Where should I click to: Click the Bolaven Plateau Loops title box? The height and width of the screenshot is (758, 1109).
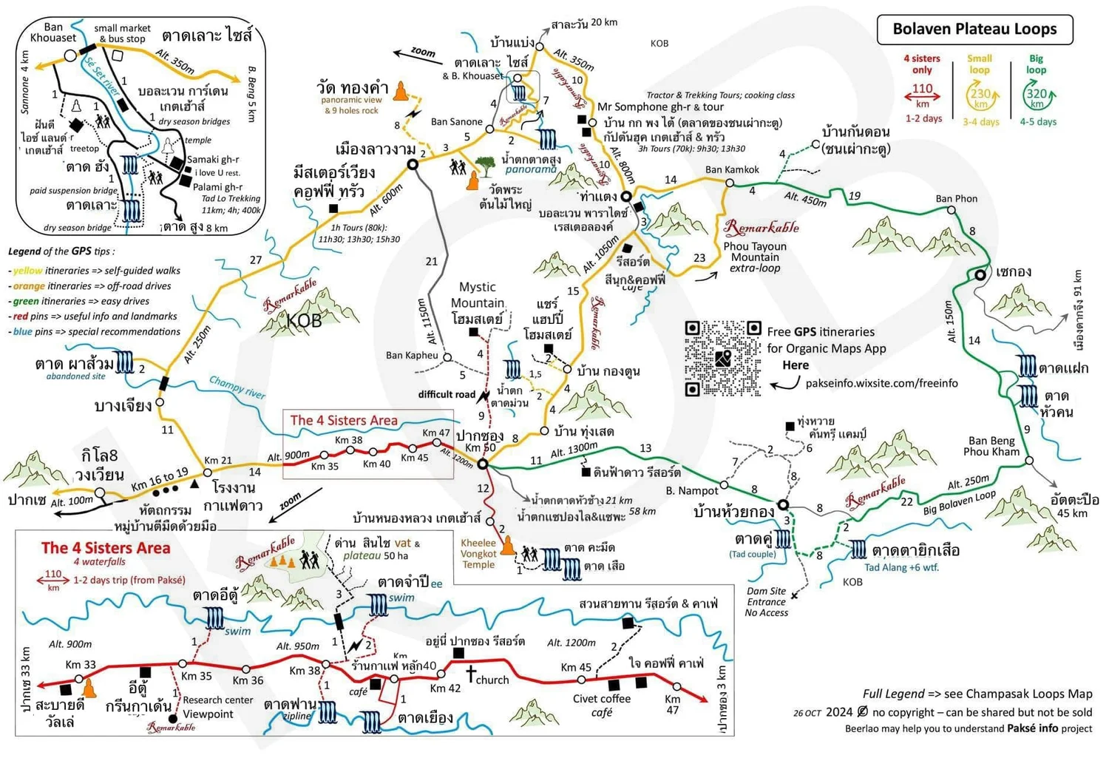click(x=974, y=30)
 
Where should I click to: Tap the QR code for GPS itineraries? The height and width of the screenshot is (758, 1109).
click(x=722, y=359)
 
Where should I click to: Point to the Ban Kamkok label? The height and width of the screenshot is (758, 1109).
click(x=732, y=169)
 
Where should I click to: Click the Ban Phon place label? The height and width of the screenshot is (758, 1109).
click(x=956, y=198)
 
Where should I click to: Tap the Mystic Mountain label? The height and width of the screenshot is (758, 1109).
click(x=477, y=294)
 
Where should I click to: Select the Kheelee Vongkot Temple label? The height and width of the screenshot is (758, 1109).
click(x=478, y=553)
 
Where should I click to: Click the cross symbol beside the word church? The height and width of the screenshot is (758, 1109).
click(x=470, y=674)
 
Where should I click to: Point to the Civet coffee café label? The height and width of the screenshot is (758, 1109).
click(x=602, y=705)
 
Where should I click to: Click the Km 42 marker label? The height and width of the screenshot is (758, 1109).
click(x=445, y=688)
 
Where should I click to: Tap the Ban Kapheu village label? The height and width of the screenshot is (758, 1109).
click(x=412, y=355)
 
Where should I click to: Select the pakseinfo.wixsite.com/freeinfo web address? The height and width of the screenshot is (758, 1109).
click(x=881, y=383)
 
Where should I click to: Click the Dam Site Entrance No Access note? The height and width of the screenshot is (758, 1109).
click(x=766, y=601)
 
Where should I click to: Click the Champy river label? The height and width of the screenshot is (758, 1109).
click(x=237, y=387)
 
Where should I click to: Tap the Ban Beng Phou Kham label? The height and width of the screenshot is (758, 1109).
click(x=991, y=446)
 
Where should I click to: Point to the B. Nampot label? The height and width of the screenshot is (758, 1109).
click(x=691, y=490)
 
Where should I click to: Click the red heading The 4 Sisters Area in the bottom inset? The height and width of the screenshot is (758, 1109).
click(x=106, y=548)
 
